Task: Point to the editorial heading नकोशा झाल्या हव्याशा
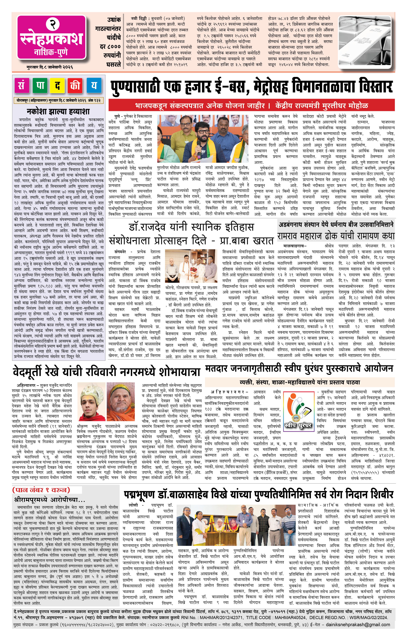pyautogui.click(x=58, y=111)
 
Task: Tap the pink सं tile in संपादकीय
pyautogui.click(x=21, y=86)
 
